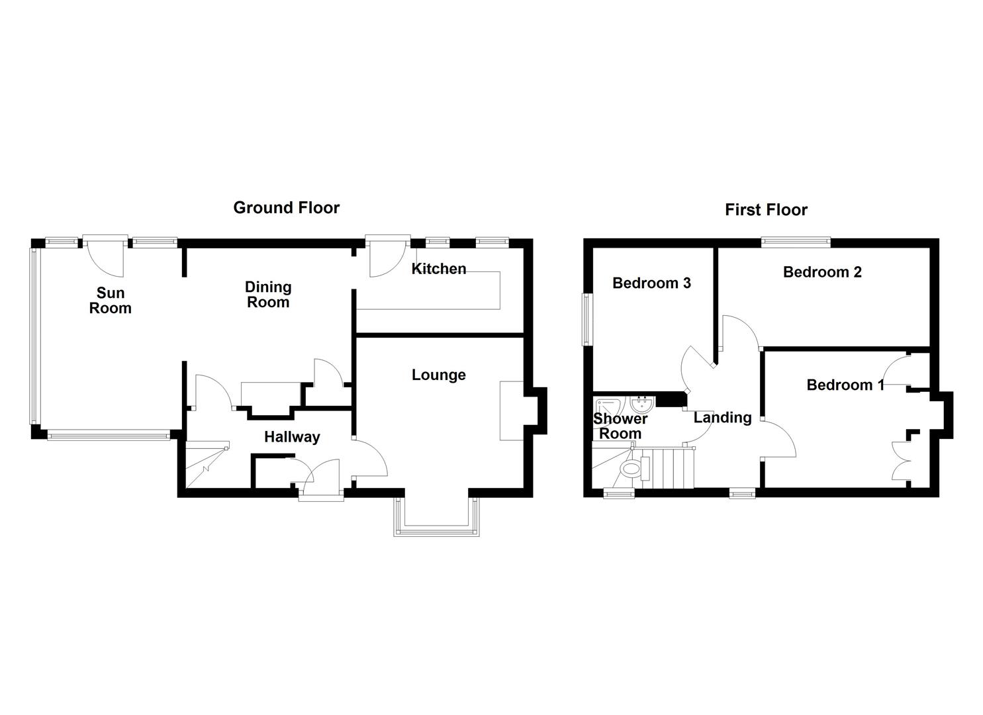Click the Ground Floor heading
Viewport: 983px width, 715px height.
(x=286, y=208)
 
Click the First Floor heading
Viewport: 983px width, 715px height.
(x=766, y=211)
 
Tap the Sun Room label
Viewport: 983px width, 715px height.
(x=111, y=301)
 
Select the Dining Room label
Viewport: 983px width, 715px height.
(x=268, y=295)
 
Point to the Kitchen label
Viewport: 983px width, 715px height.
(x=439, y=269)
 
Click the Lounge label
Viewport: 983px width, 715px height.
(x=439, y=375)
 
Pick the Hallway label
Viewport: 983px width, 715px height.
(x=292, y=437)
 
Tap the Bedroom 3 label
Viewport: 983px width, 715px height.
(x=651, y=283)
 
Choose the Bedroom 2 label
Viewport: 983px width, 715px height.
(x=822, y=272)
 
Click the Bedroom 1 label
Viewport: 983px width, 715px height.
(x=845, y=385)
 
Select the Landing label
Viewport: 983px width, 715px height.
(x=722, y=418)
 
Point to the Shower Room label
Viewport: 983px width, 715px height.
(x=620, y=426)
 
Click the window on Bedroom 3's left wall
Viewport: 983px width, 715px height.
(x=586, y=319)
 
